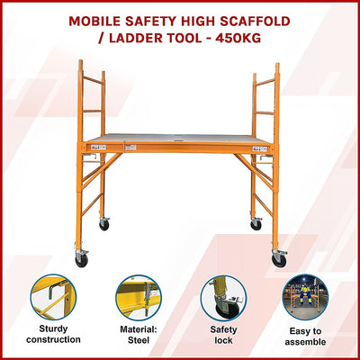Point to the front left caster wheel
tap(82, 259)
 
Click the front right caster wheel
tap(279, 260)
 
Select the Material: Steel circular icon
tap(137, 298)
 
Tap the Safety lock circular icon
tap(222, 298)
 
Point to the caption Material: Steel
tap(137, 335)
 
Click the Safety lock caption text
tap(222, 335)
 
